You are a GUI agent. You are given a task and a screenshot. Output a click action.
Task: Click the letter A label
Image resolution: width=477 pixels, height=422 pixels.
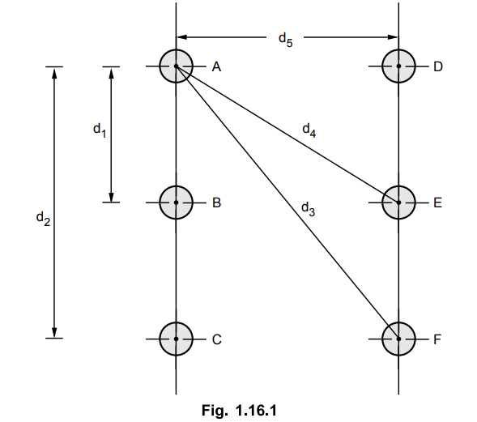point(216,66)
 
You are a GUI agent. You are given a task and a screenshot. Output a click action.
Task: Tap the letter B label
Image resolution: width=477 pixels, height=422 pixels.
point(216,202)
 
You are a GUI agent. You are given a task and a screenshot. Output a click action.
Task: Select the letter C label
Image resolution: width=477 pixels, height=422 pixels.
point(216,339)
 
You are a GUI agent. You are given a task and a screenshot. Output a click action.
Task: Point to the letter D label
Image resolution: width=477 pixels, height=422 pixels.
point(438,66)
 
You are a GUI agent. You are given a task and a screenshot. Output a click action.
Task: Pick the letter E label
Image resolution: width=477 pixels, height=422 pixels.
point(438,202)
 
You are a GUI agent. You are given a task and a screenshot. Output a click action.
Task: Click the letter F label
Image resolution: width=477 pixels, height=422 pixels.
point(437,339)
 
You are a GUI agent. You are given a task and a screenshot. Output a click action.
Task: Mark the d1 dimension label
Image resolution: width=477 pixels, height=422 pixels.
point(100,130)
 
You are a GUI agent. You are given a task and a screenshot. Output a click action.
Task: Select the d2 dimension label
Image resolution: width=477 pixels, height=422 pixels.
point(43,219)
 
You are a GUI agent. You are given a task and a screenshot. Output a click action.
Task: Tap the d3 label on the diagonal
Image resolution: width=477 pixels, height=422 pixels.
point(308,209)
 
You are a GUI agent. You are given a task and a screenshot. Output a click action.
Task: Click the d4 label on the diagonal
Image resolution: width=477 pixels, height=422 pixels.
point(309,130)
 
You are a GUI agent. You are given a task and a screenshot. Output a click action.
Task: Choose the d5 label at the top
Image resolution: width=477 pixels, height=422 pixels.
point(286,40)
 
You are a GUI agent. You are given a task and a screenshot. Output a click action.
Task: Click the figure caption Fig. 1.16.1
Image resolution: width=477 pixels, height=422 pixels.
point(239,410)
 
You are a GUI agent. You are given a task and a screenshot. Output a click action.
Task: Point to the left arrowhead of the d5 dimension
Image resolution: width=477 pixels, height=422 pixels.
point(181,37)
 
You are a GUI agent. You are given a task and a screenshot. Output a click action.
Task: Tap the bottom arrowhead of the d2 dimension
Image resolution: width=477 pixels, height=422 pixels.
point(54,333)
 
